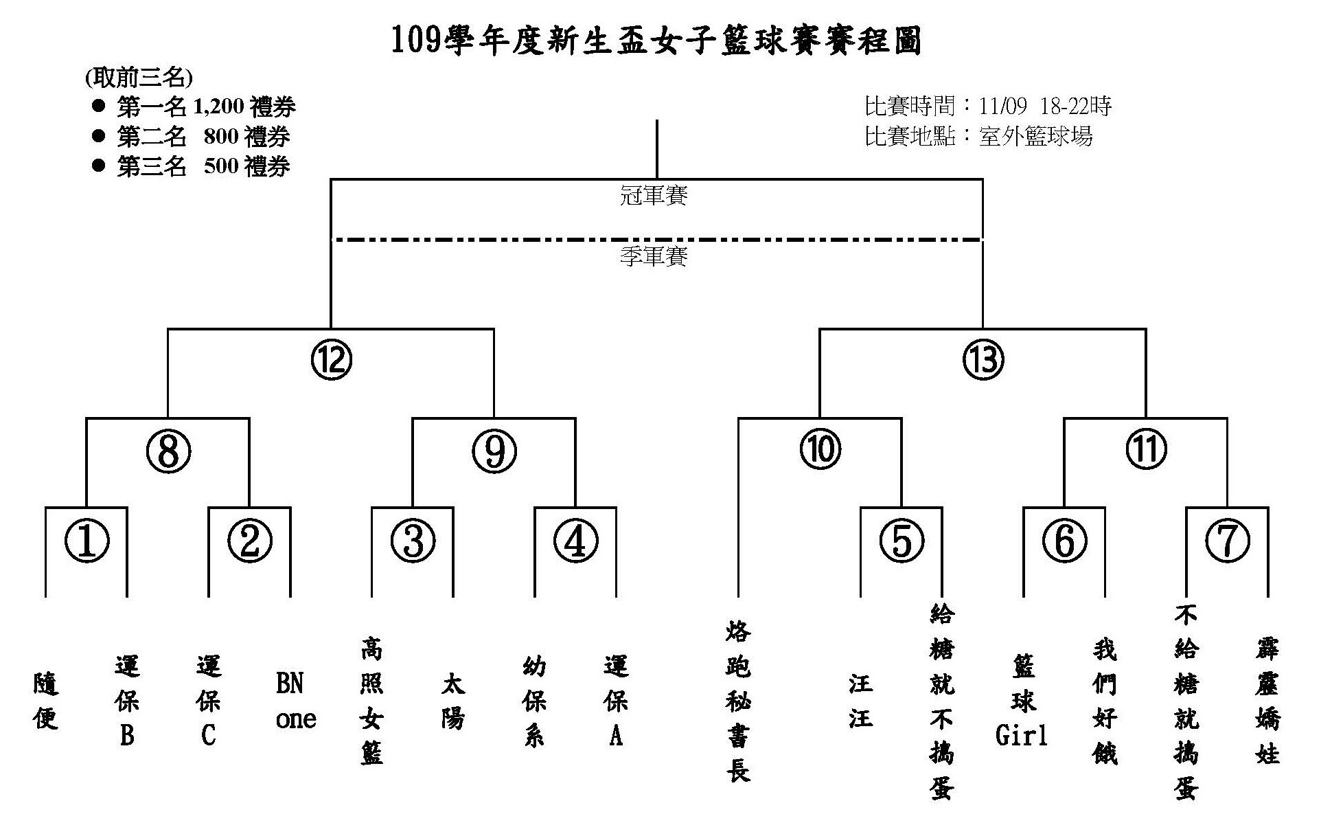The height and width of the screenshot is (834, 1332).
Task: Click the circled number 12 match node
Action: pyautogui.click(x=331, y=359)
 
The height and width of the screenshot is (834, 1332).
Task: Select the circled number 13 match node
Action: pyautogui.click(x=983, y=359)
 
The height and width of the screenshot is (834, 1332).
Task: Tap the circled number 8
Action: pyautogui.click(x=168, y=451)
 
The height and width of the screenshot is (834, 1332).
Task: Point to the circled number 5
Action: pyautogui.click(x=902, y=540)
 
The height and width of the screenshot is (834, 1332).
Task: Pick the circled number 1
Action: pyautogui.click(x=87, y=540)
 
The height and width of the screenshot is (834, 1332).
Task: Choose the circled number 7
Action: pyautogui.click(x=1228, y=540)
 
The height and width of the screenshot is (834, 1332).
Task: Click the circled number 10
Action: pyautogui.click(x=820, y=450)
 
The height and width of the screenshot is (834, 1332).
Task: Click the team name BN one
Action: pyautogui.click(x=295, y=701)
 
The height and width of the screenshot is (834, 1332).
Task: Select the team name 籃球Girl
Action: pyautogui.click(x=1022, y=701)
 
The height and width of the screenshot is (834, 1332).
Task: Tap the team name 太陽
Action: pyautogui.click(x=453, y=701)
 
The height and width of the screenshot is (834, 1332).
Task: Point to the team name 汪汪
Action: pyautogui.click(x=860, y=701)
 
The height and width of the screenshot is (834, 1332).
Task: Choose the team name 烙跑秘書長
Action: pyautogui.click(x=738, y=701)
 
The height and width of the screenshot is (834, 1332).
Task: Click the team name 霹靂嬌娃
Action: pyautogui.click(x=1267, y=701)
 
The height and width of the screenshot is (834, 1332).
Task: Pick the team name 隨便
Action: pyautogui.click(x=46, y=701)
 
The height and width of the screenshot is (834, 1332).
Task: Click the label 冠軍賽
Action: pyautogui.click(x=654, y=196)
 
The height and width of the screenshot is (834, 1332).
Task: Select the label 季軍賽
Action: pyautogui.click(x=654, y=257)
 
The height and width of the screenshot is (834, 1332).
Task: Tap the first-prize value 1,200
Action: pyautogui.click(x=219, y=106)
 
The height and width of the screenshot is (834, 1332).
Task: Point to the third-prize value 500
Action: pyautogui.click(x=221, y=166)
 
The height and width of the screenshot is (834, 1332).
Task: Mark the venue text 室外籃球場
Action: pyautogui.click(x=1035, y=136)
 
